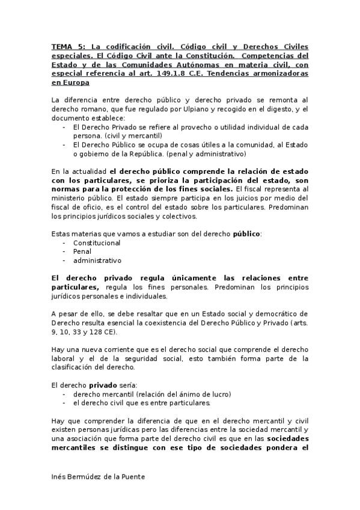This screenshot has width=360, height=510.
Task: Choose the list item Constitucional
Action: point(97,243)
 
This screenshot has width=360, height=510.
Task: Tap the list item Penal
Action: point(82,252)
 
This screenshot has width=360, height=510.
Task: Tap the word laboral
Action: point(64,359)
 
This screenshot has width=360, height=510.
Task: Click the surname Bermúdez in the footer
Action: point(89,476)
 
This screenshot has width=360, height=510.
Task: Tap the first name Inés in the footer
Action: point(59,476)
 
